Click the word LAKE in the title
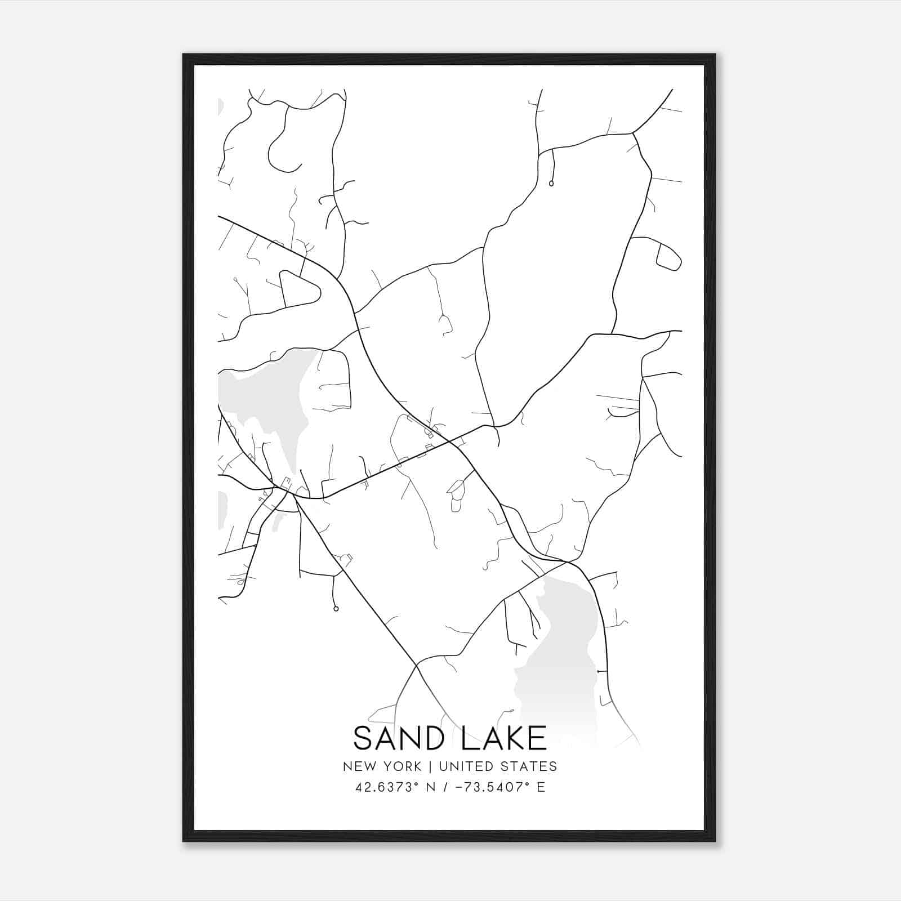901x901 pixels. pos(504,738)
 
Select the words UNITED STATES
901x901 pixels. pos(498,766)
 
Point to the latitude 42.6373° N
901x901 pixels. pos(396,787)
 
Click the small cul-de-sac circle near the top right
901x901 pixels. pos(551,183)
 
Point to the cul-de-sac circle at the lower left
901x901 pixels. pos(336,608)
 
